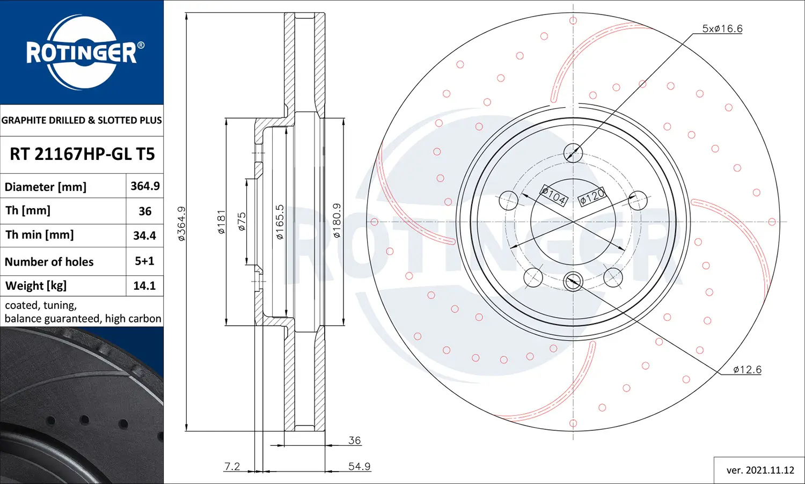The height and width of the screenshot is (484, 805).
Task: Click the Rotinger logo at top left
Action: click(82, 53)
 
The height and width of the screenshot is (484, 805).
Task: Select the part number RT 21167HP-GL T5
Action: click(82, 155)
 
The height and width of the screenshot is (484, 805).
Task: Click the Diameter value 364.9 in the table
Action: click(145, 186)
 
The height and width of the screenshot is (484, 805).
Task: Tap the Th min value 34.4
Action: click(144, 236)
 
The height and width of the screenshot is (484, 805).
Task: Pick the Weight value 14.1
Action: click(144, 286)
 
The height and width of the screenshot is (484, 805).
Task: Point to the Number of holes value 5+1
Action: click(144, 261)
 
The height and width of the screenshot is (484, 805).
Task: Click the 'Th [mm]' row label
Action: click(28, 210)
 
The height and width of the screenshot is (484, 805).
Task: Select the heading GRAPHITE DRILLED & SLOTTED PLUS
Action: click(82, 120)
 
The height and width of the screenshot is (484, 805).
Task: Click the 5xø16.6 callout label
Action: click(722, 29)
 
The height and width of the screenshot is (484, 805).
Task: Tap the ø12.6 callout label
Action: click(747, 370)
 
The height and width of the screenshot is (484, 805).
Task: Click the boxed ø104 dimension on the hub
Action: click(554, 196)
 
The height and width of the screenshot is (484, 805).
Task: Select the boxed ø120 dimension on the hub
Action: click(592, 196)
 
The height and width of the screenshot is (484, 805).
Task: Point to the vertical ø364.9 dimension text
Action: click(181, 223)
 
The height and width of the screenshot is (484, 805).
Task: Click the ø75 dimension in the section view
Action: click(241, 221)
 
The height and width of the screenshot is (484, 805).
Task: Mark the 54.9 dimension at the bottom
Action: click(359, 466)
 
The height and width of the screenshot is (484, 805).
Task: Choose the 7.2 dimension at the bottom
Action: click(232, 466)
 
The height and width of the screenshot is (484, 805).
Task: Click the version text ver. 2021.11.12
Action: click(760, 471)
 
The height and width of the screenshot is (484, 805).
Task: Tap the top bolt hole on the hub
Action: click(573, 153)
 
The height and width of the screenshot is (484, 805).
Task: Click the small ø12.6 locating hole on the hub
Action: click(573, 281)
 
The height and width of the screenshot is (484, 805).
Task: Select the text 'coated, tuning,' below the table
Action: click(41, 305)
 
